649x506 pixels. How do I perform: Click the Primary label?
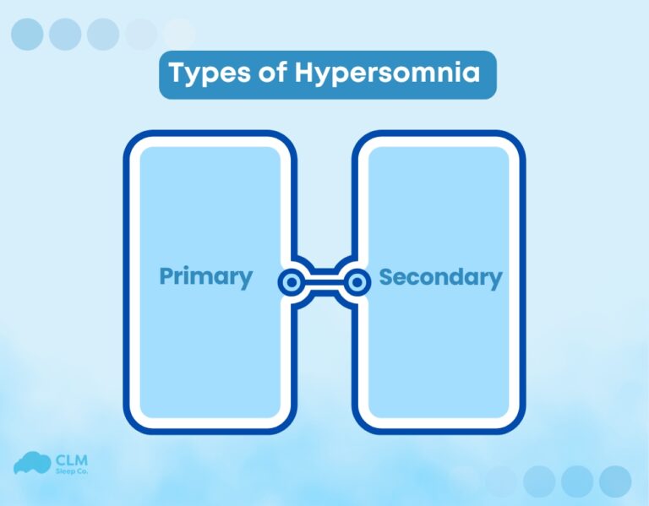click(x=206, y=276)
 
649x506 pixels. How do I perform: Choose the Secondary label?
click(x=440, y=276)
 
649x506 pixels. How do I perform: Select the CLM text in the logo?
click(x=70, y=460)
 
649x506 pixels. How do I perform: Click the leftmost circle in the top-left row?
click(x=26, y=34)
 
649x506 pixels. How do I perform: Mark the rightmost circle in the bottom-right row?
click(x=615, y=481)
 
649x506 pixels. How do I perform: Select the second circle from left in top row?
click(x=65, y=34)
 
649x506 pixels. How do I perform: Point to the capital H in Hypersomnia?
click(x=305, y=73)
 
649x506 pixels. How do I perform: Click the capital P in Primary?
click(x=166, y=276)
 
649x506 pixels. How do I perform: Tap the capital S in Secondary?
click(x=387, y=276)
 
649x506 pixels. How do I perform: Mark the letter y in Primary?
click(x=244, y=280)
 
